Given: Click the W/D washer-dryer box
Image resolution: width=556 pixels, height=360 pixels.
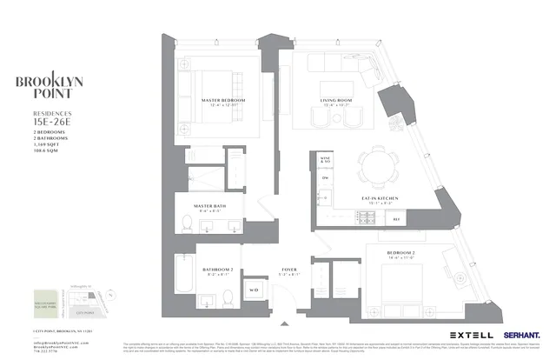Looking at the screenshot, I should [255, 289].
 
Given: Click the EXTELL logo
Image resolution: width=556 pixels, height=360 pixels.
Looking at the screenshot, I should [472, 334].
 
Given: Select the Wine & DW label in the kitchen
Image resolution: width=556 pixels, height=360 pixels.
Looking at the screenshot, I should [326, 163].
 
